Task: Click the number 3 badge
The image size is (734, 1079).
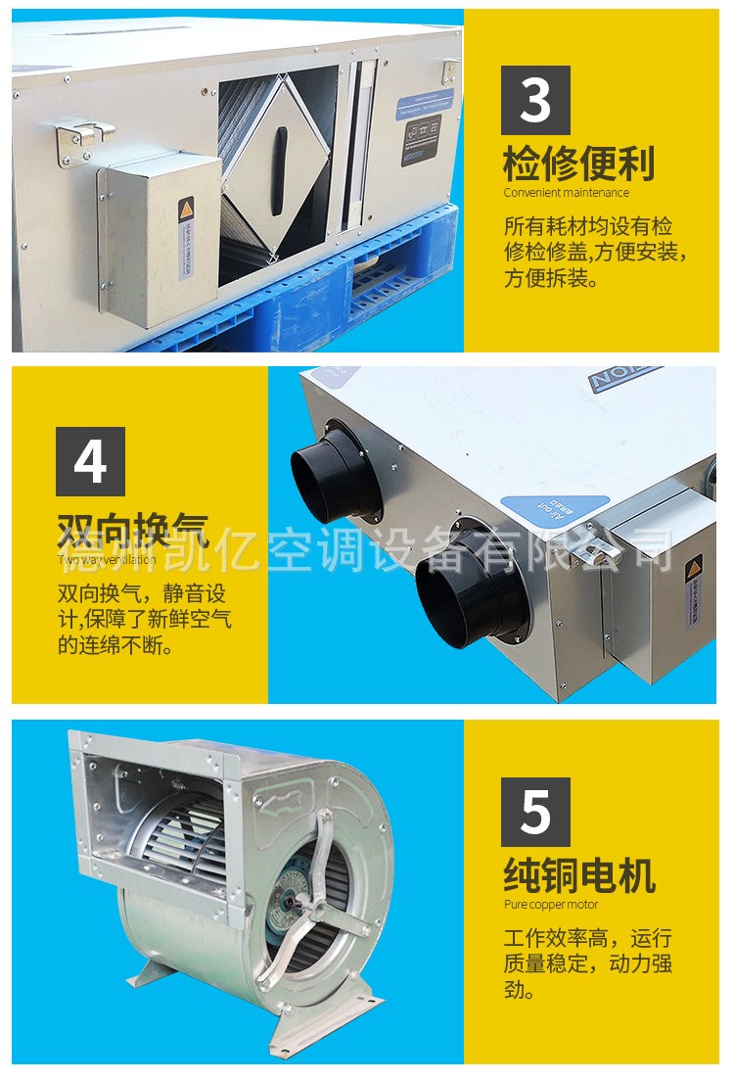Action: click(535, 100)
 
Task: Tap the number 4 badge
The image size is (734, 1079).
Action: click(90, 461)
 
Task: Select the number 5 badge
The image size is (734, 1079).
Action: click(535, 812)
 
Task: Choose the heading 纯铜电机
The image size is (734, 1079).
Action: click(578, 875)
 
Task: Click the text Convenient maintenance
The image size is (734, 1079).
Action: click(567, 193)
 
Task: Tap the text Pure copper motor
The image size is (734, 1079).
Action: click(551, 905)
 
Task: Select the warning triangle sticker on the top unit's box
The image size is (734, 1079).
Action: click(185, 211)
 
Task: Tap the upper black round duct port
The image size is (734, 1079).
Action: click(336, 471)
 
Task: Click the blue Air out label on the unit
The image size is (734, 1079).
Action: click(540, 511)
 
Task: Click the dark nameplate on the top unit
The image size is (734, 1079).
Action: click(421, 139)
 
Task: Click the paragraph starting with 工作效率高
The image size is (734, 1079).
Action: click(587, 963)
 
